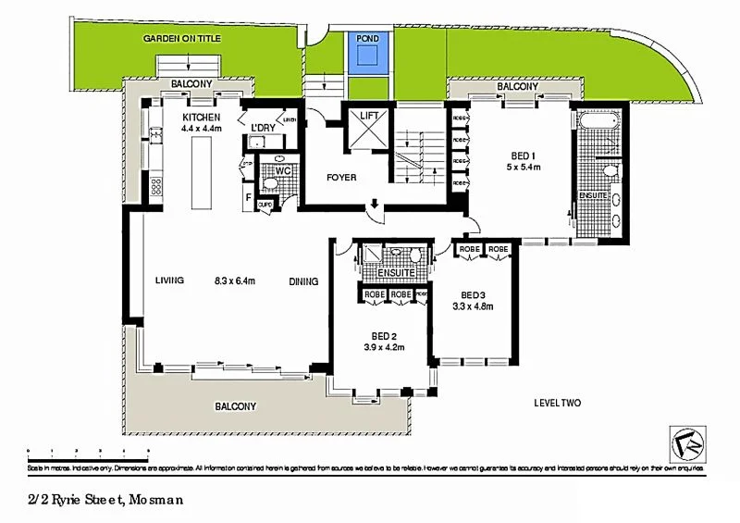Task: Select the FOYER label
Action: tap(341, 178)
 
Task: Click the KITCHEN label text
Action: tap(201, 118)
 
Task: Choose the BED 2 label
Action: tap(379, 336)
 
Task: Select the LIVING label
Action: tap(169, 281)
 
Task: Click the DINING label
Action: tap(303, 282)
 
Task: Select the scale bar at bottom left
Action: tap(89, 453)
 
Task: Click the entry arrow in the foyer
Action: tap(375, 205)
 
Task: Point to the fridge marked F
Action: tap(248, 197)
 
